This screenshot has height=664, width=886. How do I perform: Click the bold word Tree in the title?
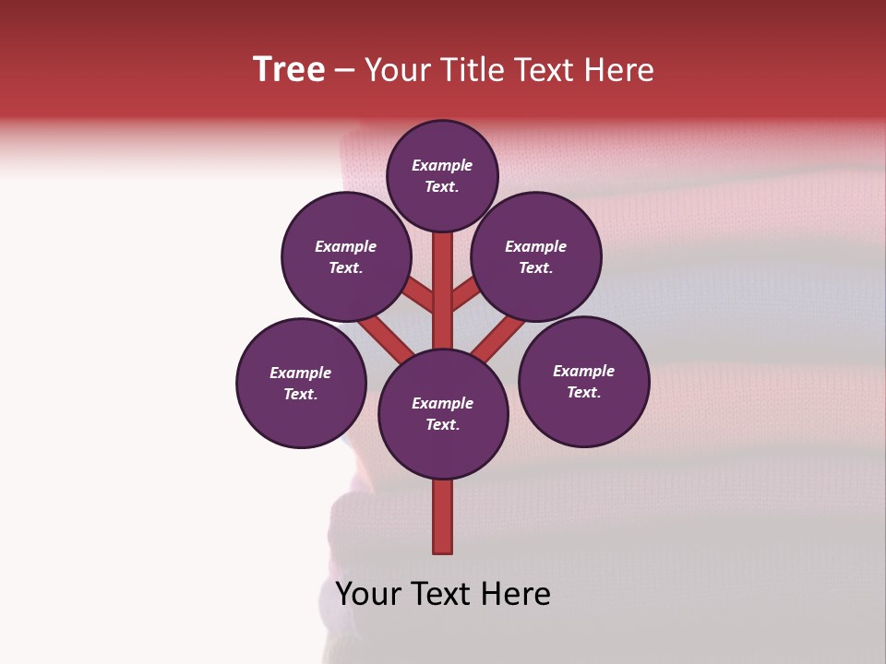point(289,70)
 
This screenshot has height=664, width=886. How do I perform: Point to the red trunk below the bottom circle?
point(443,516)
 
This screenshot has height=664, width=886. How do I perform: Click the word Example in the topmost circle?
point(442,166)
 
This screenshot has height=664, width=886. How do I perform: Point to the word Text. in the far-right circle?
point(583,393)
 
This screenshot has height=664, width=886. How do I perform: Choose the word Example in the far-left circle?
point(301,373)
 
